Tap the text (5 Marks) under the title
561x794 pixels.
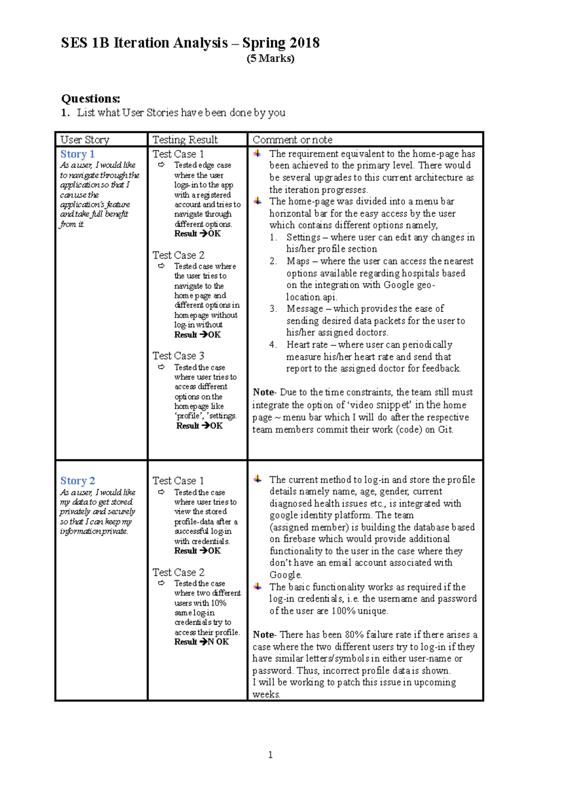[x=270, y=58]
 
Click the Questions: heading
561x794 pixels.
[x=91, y=99]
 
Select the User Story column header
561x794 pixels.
[x=85, y=139]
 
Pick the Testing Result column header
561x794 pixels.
[x=185, y=139]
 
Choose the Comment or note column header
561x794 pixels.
[x=292, y=139]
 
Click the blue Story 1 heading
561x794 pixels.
[x=77, y=154]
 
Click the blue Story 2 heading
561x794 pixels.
[x=77, y=481]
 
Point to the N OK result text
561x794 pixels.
[x=218, y=642]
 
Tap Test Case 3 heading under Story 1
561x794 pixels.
[x=178, y=356]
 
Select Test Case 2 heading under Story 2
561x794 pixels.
[x=178, y=572]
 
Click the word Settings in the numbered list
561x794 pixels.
[x=303, y=238]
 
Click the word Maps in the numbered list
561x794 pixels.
[x=298, y=261]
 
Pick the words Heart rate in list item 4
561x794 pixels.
[x=307, y=345]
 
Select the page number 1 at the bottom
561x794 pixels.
[x=270, y=754]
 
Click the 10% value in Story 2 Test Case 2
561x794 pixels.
[x=218, y=603]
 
